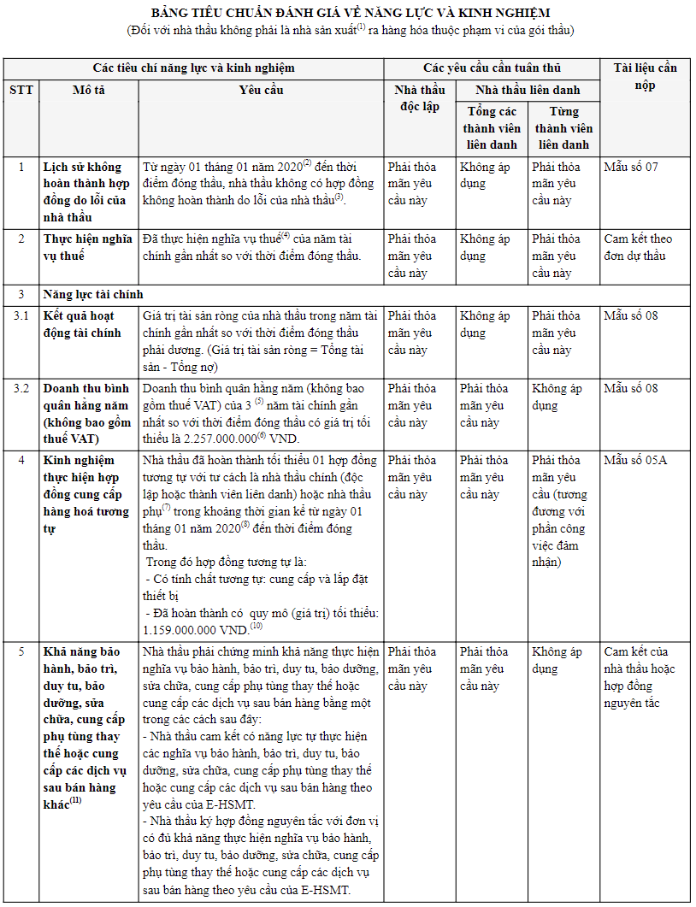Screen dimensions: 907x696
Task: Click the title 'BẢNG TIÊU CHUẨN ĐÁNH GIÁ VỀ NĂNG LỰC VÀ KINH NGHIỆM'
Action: tap(351, 13)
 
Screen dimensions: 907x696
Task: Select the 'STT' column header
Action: tap(21, 90)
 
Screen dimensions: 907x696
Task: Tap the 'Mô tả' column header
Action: tap(89, 90)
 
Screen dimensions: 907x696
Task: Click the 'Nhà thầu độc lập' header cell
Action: tap(419, 98)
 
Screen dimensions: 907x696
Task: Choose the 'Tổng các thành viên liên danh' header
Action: tap(491, 128)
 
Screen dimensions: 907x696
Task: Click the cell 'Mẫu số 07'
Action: tap(631, 167)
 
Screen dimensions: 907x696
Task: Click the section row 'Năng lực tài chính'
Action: tap(94, 295)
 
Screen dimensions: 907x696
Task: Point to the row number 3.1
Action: tap(21, 316)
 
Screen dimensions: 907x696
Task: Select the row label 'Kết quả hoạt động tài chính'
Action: tap(83, 324)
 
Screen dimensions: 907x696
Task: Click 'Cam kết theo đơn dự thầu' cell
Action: tap(638, 247)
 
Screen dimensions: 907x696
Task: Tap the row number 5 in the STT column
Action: tap(21, 652)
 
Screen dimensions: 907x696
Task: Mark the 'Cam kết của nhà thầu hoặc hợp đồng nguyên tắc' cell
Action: tap(640, 677)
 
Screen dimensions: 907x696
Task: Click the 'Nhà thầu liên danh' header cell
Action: tap(528, 90)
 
